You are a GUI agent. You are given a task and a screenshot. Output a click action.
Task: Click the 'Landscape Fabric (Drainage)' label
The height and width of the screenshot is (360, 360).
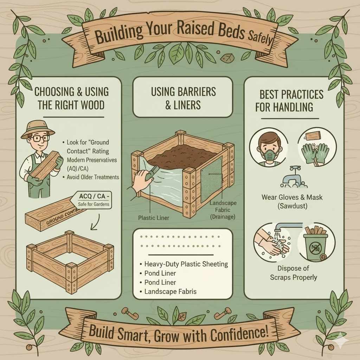coord(223,210)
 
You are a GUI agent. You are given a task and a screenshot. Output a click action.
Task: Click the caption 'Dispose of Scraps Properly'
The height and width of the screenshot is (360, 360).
coord(293,273)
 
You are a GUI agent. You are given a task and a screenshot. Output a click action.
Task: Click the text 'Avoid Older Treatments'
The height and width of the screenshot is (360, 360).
coord(93,177)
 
